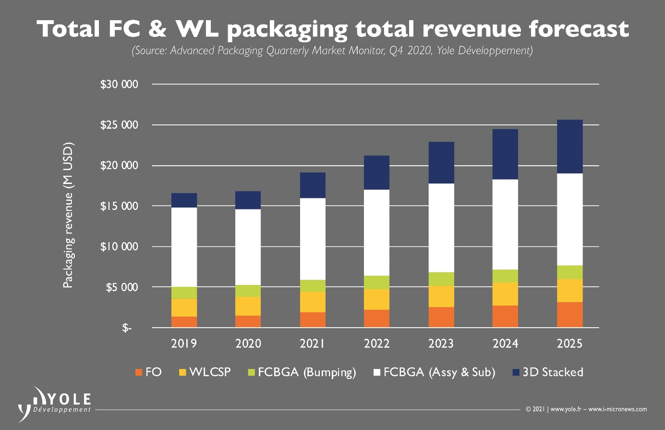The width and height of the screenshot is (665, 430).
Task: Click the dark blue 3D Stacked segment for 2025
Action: tap(569, 147)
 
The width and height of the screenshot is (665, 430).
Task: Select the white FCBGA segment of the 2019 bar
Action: tap(184, 247)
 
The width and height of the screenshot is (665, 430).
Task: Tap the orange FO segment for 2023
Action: tap(441, 317)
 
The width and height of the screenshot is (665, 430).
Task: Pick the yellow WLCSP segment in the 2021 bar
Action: tap(313, 302)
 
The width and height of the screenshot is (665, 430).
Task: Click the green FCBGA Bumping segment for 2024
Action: tap(505, 276)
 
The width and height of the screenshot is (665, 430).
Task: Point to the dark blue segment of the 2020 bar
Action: tap(248, 200)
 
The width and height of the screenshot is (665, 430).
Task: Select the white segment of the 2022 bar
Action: tap(376, 233)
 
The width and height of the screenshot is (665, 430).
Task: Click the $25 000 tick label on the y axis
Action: tap(119, 125)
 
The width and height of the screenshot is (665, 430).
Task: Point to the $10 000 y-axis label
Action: tap(119, 247)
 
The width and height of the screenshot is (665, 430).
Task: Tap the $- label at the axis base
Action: tap(126, 328)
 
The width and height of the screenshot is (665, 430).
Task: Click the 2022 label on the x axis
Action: tap(376, 344)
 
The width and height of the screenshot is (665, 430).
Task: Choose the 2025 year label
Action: tap(569, 344)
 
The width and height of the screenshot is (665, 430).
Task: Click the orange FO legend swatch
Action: tap(139, 372)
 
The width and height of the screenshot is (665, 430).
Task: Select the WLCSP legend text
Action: tap(210, 372)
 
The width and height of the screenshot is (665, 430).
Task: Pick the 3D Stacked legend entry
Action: tap(553, 372)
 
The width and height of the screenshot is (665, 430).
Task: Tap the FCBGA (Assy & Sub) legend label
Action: tap(439, 372)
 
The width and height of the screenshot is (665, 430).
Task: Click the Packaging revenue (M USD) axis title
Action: tap(68, 215)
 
